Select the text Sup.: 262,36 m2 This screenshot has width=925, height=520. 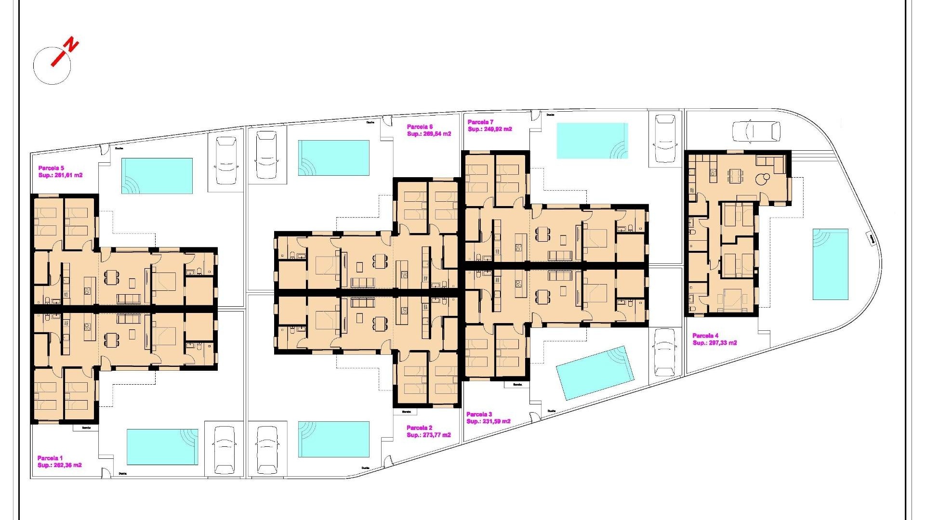60,465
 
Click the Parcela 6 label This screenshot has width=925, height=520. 420,127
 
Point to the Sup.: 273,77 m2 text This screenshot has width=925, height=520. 429,435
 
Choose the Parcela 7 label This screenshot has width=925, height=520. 480,122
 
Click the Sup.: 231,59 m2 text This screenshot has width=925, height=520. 489,421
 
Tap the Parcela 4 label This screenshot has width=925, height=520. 705,336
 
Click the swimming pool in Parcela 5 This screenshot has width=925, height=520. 157,176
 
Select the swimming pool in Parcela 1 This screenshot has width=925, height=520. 162,447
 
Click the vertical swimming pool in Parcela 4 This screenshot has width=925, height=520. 830,264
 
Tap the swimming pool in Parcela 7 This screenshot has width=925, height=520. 592,141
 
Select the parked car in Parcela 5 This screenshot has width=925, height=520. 226,161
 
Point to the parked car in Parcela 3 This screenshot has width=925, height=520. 665,352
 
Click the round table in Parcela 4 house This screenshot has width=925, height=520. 761,179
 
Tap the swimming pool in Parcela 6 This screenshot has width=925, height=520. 333,158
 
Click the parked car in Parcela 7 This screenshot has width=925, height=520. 665,138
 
